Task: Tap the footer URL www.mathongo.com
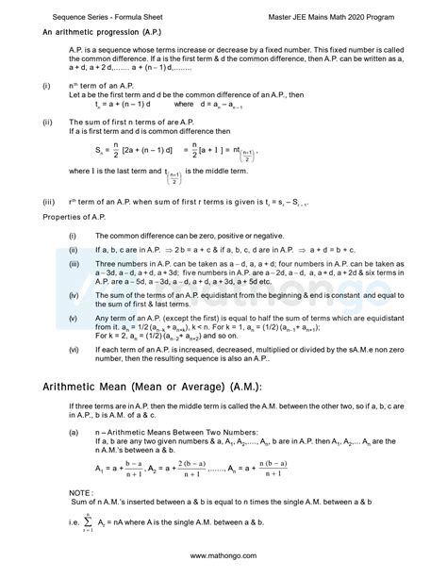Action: (x=223, y=556)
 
